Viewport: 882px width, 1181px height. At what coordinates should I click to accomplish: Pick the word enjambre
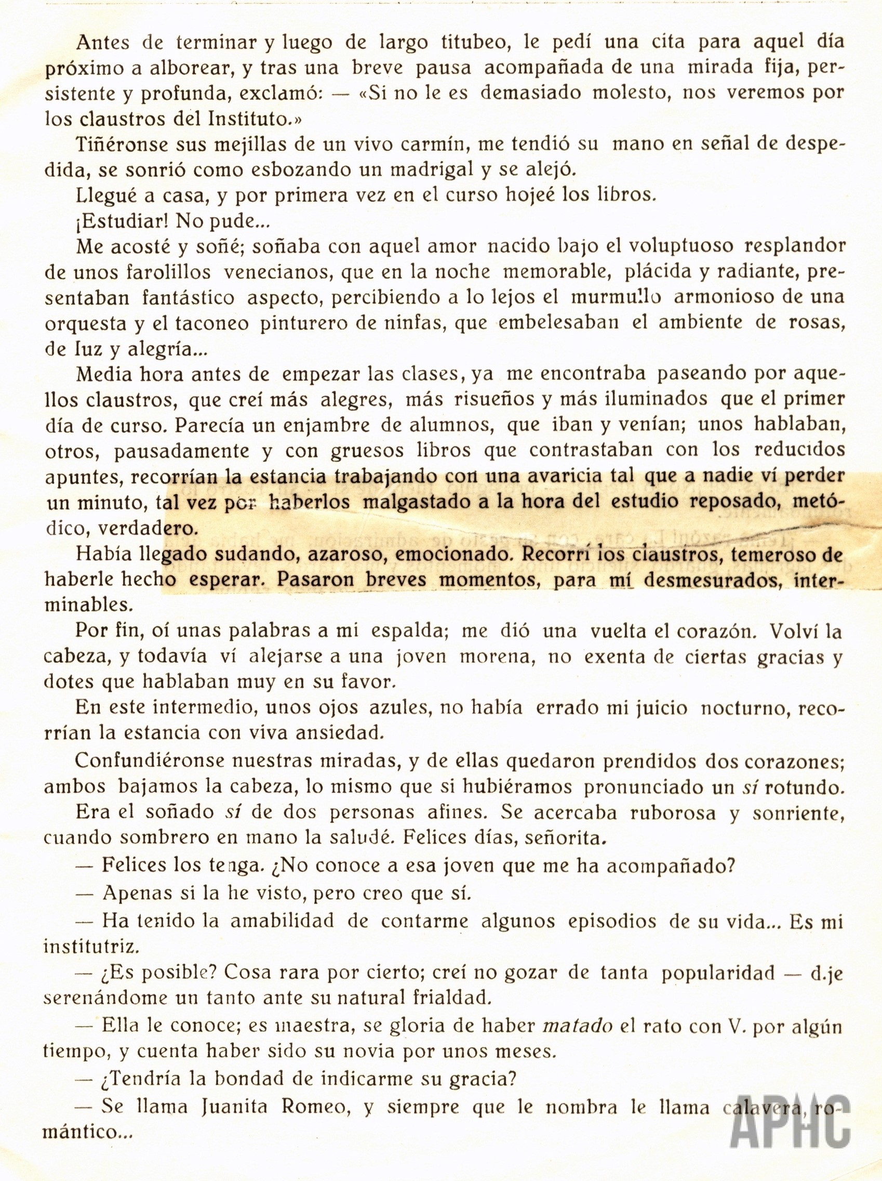pos(327,426)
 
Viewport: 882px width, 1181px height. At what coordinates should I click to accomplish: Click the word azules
pos(399,707)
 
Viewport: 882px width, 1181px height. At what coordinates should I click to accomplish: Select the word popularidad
pos(718,972)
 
